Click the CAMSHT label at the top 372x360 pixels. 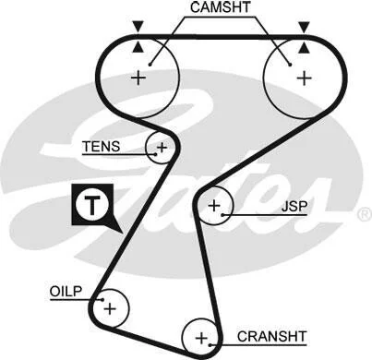point(220,7)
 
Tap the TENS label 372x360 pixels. point(102,147)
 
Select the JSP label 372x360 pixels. point(294,207)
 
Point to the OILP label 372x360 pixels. point(66,292)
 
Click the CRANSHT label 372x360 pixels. point(271,336)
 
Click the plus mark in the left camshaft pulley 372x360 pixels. point(138,78)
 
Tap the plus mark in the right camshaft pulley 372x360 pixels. point(305,78)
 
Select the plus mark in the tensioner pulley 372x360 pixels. point(162,148)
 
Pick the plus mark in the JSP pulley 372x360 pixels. point(214,205)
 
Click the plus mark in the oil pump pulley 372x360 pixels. point(110,308)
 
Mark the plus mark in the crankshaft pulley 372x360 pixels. point(201,339)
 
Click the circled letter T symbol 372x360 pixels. point(92,205)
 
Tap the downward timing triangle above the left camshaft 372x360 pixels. point(138,27)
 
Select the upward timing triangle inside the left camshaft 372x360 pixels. point(138,47)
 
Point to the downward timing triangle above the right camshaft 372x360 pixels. point(305,27)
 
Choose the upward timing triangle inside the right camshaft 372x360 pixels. point(305,47)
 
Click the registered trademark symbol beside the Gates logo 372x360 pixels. point(366,214)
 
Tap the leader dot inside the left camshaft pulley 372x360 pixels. point(150,65)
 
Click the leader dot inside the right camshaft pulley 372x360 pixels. point(290,65)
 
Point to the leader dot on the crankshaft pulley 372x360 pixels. point(210,345)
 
